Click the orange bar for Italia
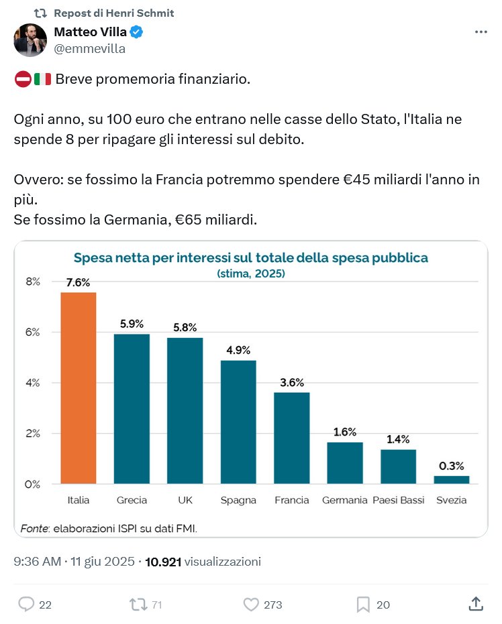(79, 387)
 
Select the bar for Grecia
(132, 408)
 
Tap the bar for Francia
(291, 438)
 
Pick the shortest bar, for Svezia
(451, 479)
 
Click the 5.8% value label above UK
(185, 328)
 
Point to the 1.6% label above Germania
(344, 432)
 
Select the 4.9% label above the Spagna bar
(238, 350)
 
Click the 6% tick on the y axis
(33, 332)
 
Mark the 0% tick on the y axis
(33, 484)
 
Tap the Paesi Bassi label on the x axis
(398, 501)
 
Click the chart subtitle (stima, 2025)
(250, 273)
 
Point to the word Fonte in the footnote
(34, 527)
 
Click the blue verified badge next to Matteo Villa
(136, 32)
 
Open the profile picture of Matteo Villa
(30, 40)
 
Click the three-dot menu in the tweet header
(481, 32)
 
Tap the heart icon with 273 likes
(250, 605)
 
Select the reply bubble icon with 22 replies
(26, 605)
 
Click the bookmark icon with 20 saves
(363, 605)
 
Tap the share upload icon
(475, 604)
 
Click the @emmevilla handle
(89, 49)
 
